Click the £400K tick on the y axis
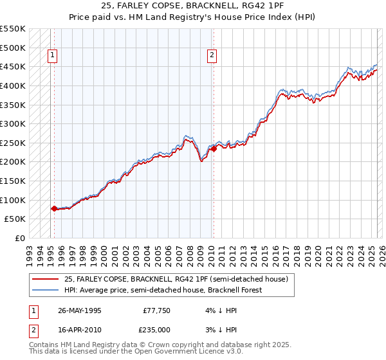pyautogui.click(x=12, y=85)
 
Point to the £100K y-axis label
pyautogui.click(x=12, y=200)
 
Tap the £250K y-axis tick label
pyautogui.click(x=12, y=143)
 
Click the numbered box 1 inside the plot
pyautogui.click(x=51, y=55)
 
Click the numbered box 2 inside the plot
pyautogui.click(x=212, y=55)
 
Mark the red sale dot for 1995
pyautogui.click(x=55, y=208)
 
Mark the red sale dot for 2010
pyautogui.click(x=213, y=148)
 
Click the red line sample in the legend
pyautogui.click(x=46, y=279)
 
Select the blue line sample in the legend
pyautogui.click(x=46, y=290)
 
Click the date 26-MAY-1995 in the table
pyautogui.click(x=80, y=310)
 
